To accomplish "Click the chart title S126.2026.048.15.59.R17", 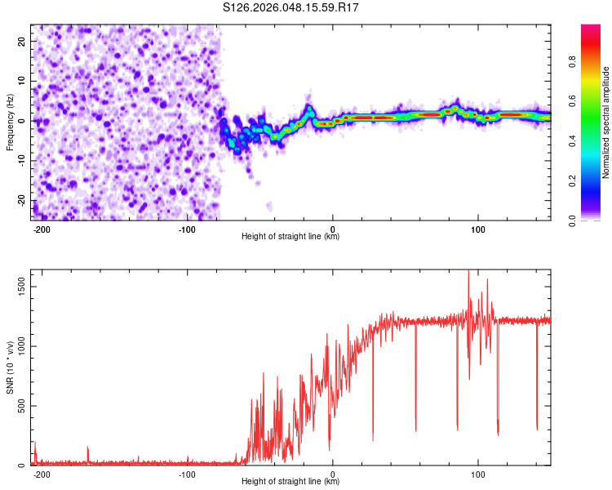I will (x=291, y=8).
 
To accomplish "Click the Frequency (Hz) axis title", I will (x=10, y=122).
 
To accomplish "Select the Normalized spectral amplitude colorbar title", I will (x=606, y=122).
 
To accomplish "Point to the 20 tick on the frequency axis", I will (x=20, y=41).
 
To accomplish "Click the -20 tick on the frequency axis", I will (x=19, y=201).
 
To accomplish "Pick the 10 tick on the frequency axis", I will (x=20, y=81).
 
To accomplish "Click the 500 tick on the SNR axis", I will (x=19, y=406).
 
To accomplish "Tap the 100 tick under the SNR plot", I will (x=478, y=474).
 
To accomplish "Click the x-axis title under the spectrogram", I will (x=290, y=237).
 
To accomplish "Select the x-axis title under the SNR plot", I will (x=290, y=482).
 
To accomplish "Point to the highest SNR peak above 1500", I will (x=468, y=272).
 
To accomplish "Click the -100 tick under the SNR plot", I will (x=187, y=474).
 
